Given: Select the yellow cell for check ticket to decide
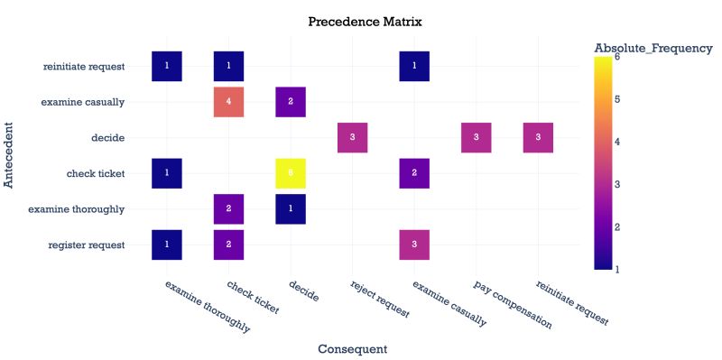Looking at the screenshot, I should tap(291, 173).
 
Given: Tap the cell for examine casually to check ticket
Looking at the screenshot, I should tap(228, 102).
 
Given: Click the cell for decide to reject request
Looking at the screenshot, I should tap(352, 137).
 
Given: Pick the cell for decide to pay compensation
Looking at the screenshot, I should tap(476, 137).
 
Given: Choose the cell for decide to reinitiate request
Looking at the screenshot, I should tap(538, 137).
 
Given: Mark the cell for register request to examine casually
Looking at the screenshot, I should tap(414, 245).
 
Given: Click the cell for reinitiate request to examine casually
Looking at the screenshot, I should tap(414, 66).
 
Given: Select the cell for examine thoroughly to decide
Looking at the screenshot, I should tap(291, 209).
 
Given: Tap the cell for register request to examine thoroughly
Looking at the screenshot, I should tap(167, 245).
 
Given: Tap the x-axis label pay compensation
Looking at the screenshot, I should tap(513, 304).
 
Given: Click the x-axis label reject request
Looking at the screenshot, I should tap(380, 300).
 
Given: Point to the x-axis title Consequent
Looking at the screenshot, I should tap(352, 348).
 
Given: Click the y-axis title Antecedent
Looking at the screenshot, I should tap(10, 155).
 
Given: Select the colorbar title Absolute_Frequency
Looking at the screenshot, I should tap(653, 48).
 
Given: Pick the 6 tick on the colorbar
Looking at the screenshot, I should tap(617, 57).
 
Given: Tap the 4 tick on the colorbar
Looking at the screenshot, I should tap(617, 142).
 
